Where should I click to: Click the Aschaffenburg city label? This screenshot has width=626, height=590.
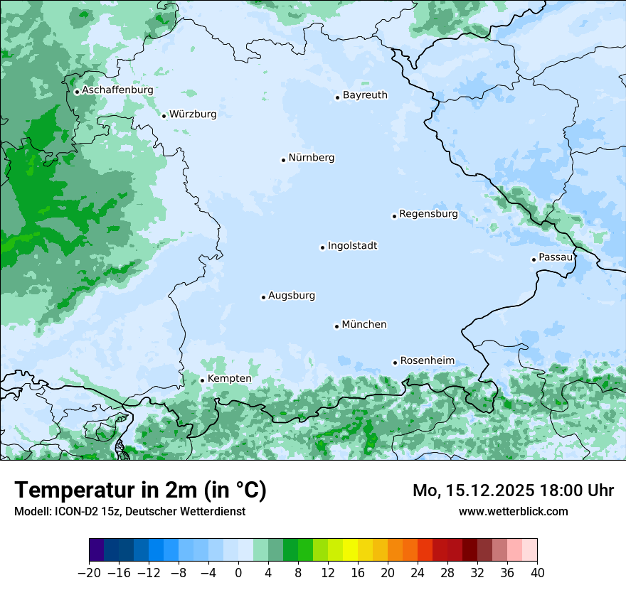(117, 90)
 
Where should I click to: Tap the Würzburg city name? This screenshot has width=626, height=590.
(193, 114)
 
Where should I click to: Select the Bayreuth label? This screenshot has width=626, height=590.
(365, 95)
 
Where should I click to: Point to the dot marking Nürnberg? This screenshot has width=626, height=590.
(283, 160)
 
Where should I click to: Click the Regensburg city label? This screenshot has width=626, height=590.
(428, 214)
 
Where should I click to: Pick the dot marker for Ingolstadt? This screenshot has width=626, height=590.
(322, 248)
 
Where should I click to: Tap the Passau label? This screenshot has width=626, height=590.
(556, 257)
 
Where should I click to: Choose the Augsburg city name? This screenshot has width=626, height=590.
(292, 296)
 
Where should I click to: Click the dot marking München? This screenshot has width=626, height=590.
(336, 326)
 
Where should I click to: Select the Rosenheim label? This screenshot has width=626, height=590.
(428, 361)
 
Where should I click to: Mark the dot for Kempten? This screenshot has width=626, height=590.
(202, 380)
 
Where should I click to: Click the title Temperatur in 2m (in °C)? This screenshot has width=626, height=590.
(140, 490)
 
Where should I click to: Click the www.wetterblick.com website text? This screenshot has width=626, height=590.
(513, 512)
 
